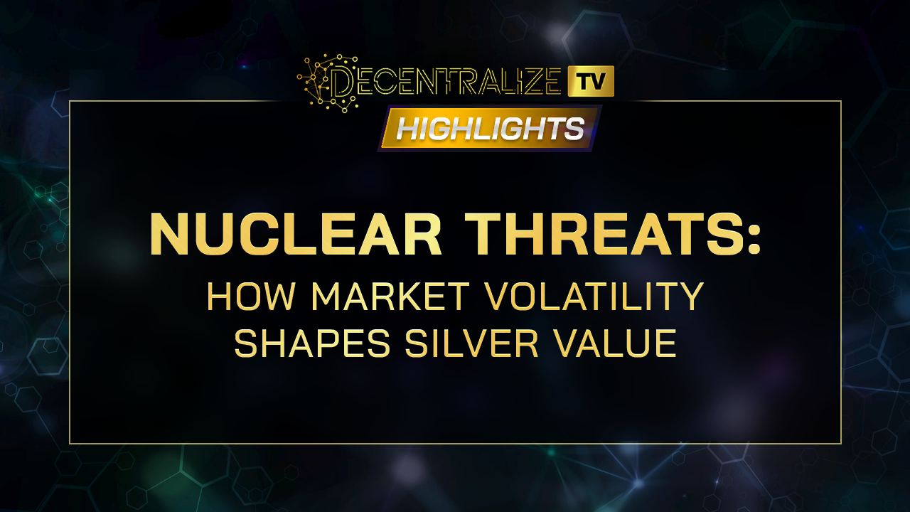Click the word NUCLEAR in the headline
(x=295, y=235)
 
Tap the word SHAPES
(x=312, y=343)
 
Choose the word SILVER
(x=471, y=343)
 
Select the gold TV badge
(x=591, y=81)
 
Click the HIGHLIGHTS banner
(x=490, y=129)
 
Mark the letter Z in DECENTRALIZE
(x=528, y=82)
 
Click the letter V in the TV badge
(x=601, y=82)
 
